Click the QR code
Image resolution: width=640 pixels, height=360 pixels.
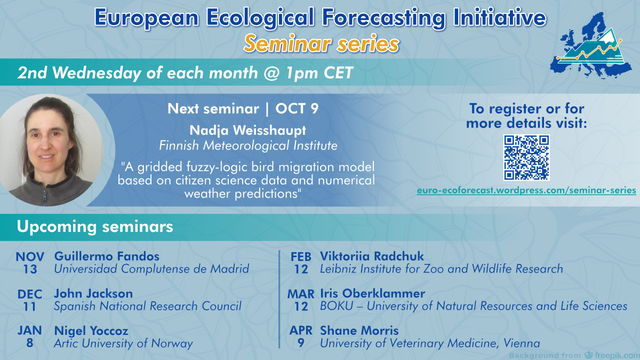pyautogui.click(x=526, y=158)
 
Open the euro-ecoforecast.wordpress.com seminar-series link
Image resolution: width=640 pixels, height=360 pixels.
pyautogui.click(x=526, y=190)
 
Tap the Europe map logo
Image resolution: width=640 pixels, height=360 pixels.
pyautogui.click(x=590, y=46)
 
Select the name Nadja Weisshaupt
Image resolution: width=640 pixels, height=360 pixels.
pyautogui.click(x=247, y=130)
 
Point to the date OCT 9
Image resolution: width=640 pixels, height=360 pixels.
pyautogui.click(x=297, y=109)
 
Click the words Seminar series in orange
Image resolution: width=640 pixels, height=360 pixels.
pyautogui.click(x=322, y=44)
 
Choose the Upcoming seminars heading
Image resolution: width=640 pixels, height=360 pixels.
pyautogui.click(x=95, y=227)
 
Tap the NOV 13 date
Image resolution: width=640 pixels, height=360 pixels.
pyautogui.click(x=30, y=263)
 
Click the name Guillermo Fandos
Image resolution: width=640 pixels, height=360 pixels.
pyautogui.click(x=107, y=257)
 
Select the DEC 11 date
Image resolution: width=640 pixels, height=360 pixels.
pyautogui.click(x=30, y=300)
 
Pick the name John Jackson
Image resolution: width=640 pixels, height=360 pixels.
pyautogui.click(x=93, y=293)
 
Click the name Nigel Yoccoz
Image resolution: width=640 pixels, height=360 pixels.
pyautogui.click(x=91, y=331)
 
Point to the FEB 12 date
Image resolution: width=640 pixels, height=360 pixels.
pyautogui.click(x=301, y=263)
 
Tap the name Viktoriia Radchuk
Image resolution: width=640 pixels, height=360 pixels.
pyautogui.click(x=372, y=257)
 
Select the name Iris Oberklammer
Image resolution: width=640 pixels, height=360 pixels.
pyautogui.click(x=373, y=293)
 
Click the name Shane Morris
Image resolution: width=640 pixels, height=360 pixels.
pyautogui.click(x=359, y=331)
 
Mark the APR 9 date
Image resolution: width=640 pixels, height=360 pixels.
pyautogui.click(x=301, y=337)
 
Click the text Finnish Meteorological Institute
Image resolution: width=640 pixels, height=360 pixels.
pyautogui.click(x=248, y=146)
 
